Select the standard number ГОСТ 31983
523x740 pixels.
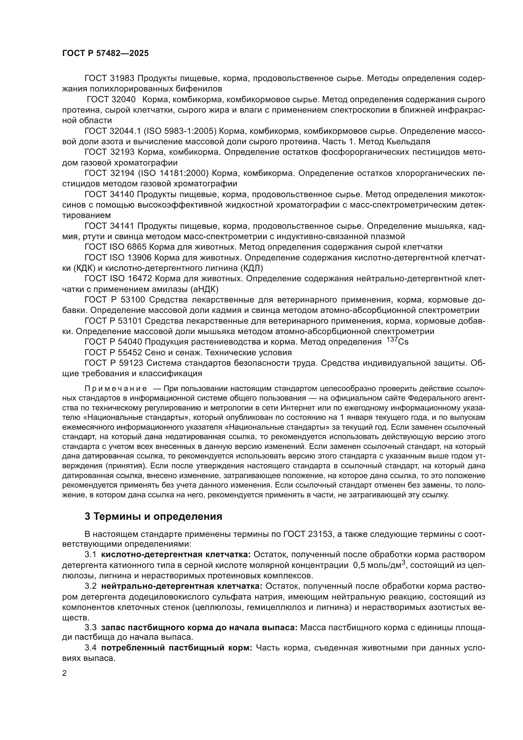point(111,78)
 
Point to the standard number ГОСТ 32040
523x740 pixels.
point(111,99)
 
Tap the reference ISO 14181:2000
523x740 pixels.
point(174,173)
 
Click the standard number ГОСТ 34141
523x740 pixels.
point(111,226)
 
